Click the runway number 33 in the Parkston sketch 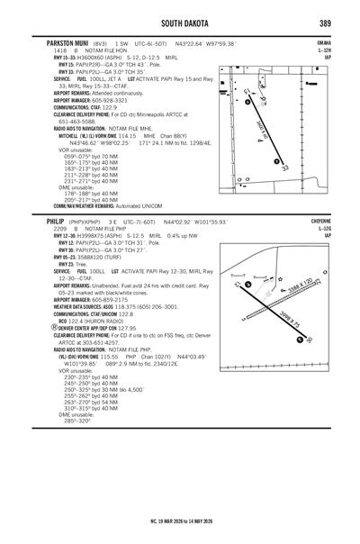click(x=285, y=168)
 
